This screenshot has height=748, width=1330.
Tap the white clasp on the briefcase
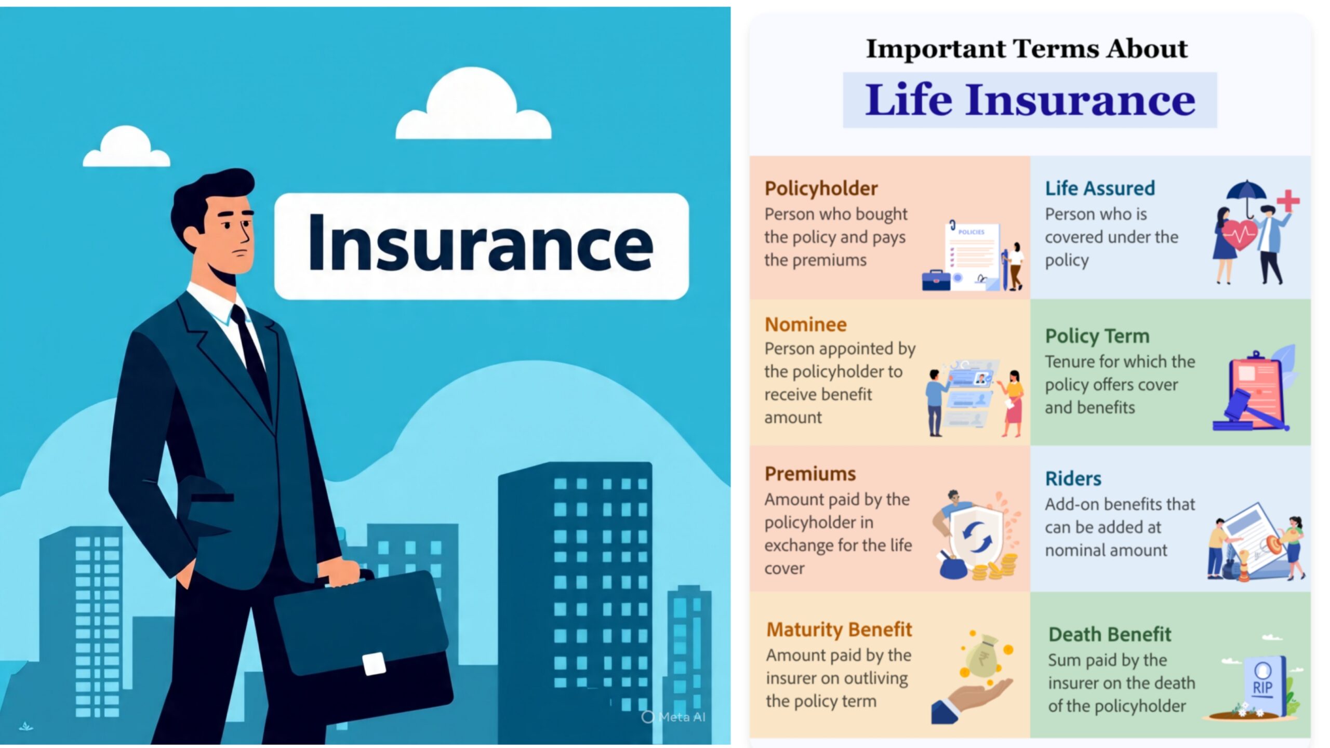tap(374, 664)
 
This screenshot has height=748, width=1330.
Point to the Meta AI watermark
tap(674, 717)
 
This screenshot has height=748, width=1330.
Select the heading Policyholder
tap(821, 188)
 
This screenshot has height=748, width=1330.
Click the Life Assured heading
tap(1100, 188)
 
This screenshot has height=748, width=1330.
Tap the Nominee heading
tap(806, 325)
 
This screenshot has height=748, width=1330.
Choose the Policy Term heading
tap(1097, 336)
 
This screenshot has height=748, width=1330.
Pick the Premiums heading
tap(810, 474)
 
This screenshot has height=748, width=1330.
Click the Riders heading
tap(1073, 478)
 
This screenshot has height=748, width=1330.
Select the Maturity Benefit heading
tap(839, 630)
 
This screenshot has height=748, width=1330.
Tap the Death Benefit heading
tap(1110, 634)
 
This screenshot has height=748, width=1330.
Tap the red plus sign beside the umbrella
tap(1288, 201)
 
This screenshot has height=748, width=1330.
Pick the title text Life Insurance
tap(1030, 100)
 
